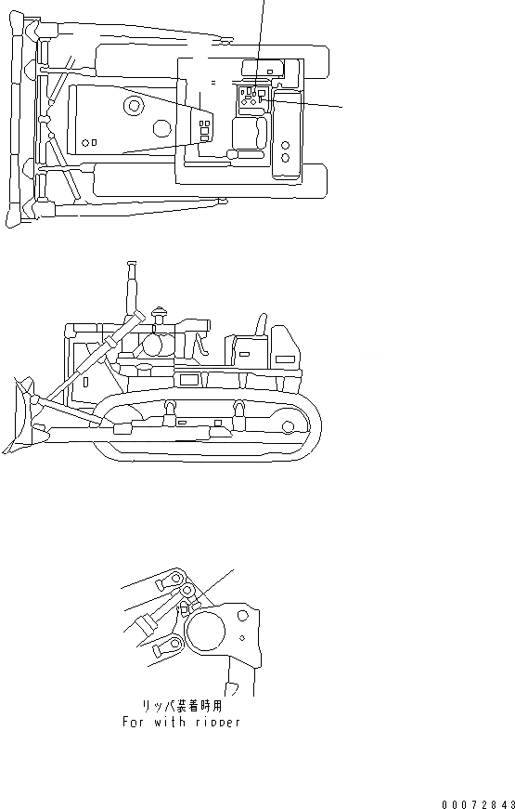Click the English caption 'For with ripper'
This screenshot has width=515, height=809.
(x=181, y=721)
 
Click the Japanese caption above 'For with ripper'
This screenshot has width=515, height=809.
(x=181, y=706)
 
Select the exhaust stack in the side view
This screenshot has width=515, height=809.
(x=132, y=283)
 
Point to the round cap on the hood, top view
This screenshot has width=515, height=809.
(x=135, y=108)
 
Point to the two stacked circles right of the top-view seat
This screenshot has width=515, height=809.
(x=286, y=152)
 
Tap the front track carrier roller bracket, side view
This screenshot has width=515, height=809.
(x=171, y=406)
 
